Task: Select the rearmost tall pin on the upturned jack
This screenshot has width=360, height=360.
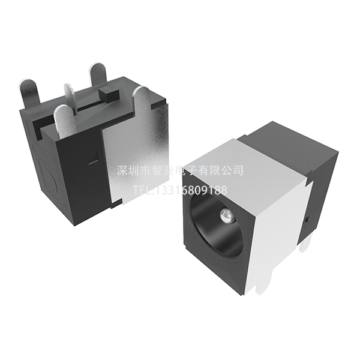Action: point(99,74)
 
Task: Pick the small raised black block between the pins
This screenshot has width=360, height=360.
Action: point(109,94)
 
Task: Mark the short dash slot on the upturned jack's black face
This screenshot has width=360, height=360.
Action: point(93,161)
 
